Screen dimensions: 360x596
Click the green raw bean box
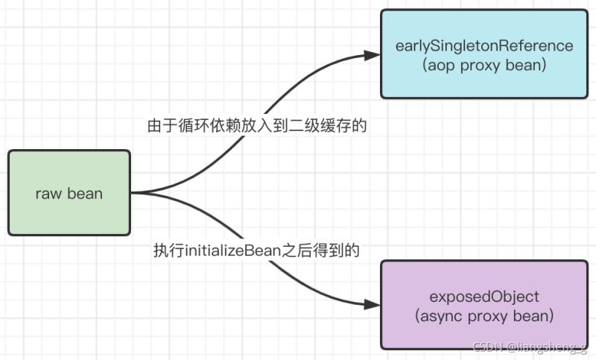point(69,193)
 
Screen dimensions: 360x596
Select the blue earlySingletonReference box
point(484,54)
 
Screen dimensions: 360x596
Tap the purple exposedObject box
point(484,304)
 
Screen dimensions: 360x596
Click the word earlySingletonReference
point(484,46)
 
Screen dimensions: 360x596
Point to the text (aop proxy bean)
point(484,65)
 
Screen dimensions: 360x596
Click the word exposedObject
point(484,296)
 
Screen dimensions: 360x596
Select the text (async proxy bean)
point(484,315)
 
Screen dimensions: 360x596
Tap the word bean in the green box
point(85,194)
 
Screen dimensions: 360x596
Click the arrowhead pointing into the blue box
point(372,54)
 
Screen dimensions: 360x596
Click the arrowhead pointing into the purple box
point(372,304)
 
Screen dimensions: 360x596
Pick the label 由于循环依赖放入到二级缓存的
point(257,126)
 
